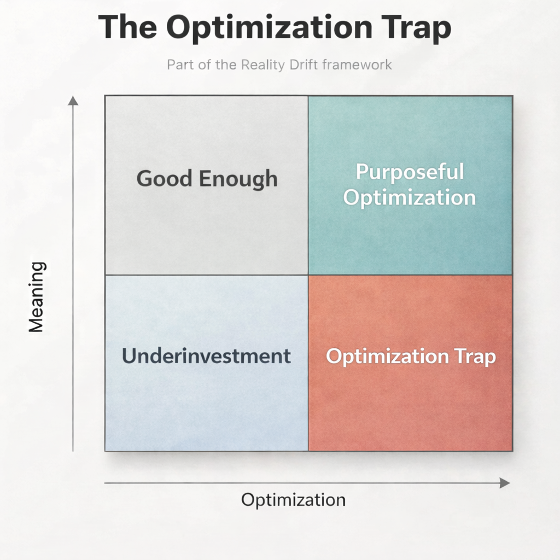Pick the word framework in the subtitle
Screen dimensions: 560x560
pyautogui.click(x=357, y=65)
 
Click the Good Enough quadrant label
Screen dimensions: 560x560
pyautogui.click(x=207, y=179)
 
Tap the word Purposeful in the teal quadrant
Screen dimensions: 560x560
pyautogui.click(x=410, y=172)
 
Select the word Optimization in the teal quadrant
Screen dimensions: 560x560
pyautogui.click(x=410, y=197)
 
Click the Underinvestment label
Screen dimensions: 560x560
pyautogui.click(x=206, y=356)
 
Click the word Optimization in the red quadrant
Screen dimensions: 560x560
pyautogui.click(x=387, y=357)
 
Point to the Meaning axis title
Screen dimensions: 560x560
pyautogui.click(x=36, y=297)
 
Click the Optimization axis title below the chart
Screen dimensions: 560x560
pyautogui.click(x=293, y=500)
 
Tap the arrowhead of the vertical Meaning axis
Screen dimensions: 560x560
pyautogui.click(x=73, y=100)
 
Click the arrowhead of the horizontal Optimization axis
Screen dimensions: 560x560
pyautogui.click(x=505, y=483)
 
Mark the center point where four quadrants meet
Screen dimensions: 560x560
pyautogui.click(x=308, y=275)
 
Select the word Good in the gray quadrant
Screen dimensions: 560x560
pyautogui.click(x=163, y=179)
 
